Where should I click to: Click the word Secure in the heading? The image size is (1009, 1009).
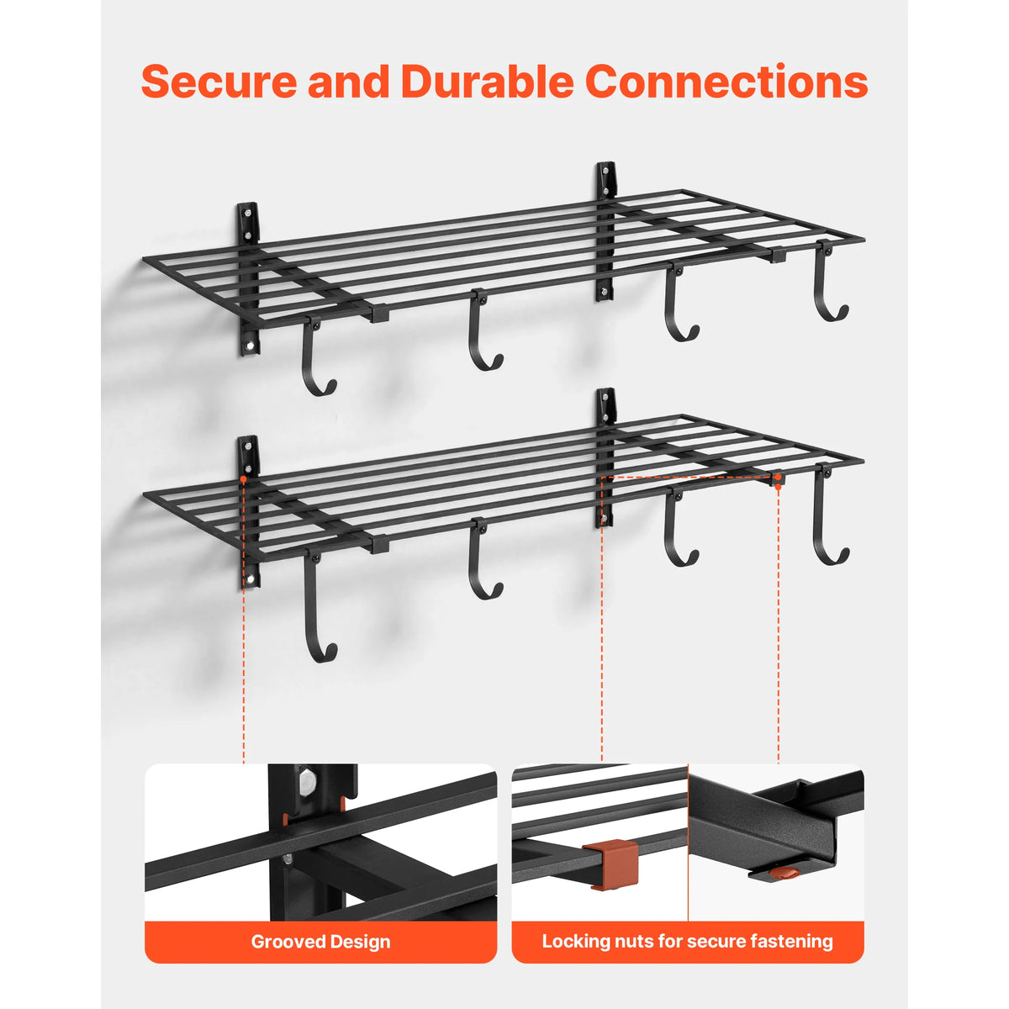pyautogui.click(x=219, y=82)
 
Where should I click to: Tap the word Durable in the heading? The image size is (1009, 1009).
pyautogui.click(x=487, y=82)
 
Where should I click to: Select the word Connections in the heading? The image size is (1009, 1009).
pyautogui.click(x=726, y=82)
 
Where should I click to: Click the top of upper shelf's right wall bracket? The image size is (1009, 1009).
pyautogui.click(x=606, y=166)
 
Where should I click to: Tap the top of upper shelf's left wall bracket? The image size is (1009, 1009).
pyautogui.click(x=248, y=205)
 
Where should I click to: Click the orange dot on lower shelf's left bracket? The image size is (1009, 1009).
pyautogui.click(x=244, y=478)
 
